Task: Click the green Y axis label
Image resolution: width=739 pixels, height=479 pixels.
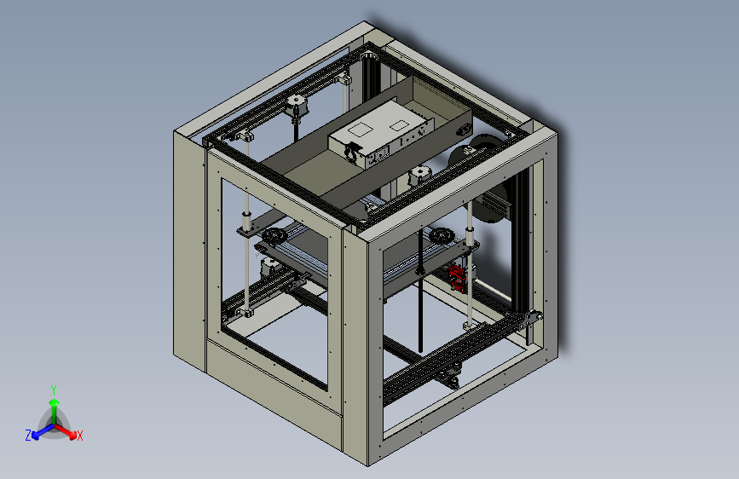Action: pos(53,389)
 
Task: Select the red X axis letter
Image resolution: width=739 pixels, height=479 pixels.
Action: pos(80,436)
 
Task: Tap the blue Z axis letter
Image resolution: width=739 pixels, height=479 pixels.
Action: pos(27,435)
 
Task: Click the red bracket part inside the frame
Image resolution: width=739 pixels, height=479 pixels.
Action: pos(457,277)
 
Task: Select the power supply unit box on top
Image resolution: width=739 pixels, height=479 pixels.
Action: pos(381,132)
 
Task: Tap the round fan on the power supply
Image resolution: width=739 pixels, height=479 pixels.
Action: pos(350,152)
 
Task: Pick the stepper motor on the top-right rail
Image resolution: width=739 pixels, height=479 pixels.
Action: pos(420,176)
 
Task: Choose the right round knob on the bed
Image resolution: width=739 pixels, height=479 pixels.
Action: pos(442,234)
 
